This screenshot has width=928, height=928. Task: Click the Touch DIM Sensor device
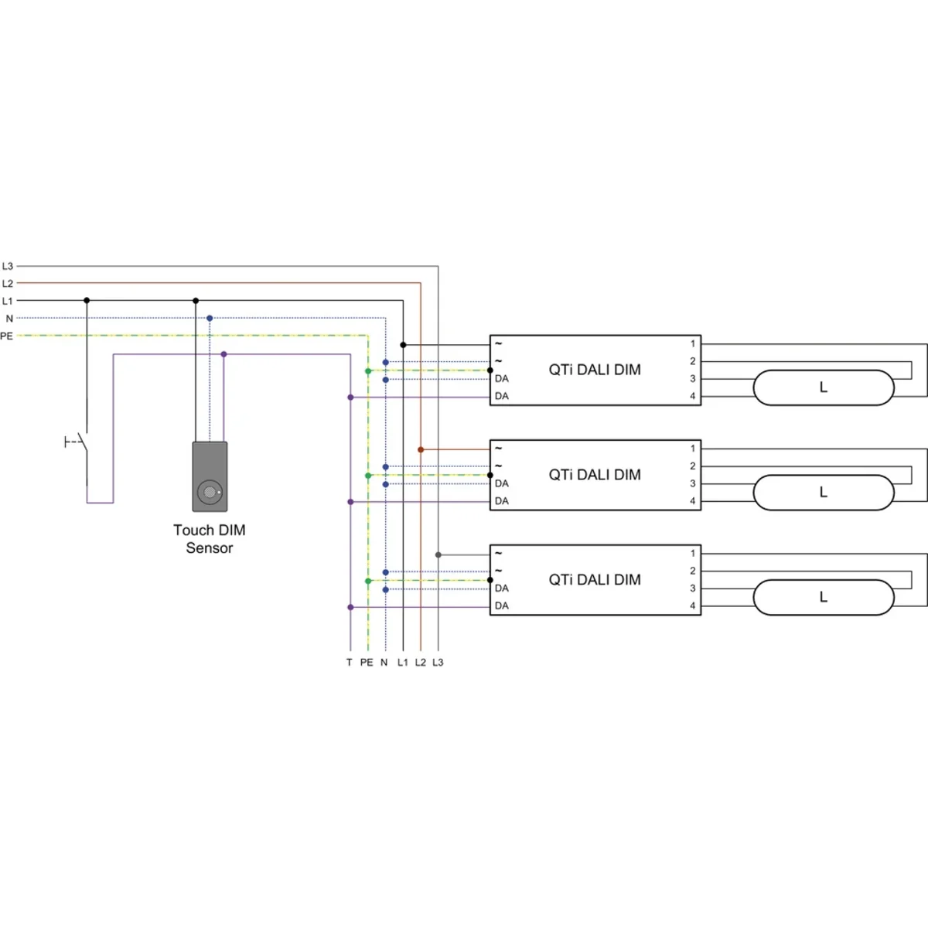(x=210, y=476)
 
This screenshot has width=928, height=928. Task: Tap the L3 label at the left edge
(x=8, y=266)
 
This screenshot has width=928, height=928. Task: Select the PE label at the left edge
(x=7, y=336)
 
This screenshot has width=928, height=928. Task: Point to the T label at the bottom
(x=350, y=663)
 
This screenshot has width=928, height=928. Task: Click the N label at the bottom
(x=384, y=663)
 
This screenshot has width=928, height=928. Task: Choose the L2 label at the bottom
(x=420, y=663)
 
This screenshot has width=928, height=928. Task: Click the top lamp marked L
(x=824, y=387)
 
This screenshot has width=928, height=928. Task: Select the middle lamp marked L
(x=824, y=493)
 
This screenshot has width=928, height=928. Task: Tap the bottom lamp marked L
(x=824, y=598)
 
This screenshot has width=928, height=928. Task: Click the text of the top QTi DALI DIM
(x=595, y=370)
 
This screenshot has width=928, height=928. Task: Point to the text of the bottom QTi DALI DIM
(x=595, y=580)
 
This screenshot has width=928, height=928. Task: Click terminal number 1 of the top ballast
(x=693, y=343)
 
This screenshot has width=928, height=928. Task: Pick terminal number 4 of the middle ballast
(x=693, y=501)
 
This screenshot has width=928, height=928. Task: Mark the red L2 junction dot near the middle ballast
(x=421, y=449)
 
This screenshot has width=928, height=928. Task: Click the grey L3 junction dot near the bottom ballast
(x=438, y=554)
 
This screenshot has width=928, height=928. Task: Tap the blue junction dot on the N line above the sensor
(x=210, y=318)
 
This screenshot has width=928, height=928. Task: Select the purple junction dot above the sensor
(x=223, y=354)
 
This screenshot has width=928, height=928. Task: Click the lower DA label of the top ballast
(x=502, y=396)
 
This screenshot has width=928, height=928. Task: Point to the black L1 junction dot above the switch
(x=87, y=300)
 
